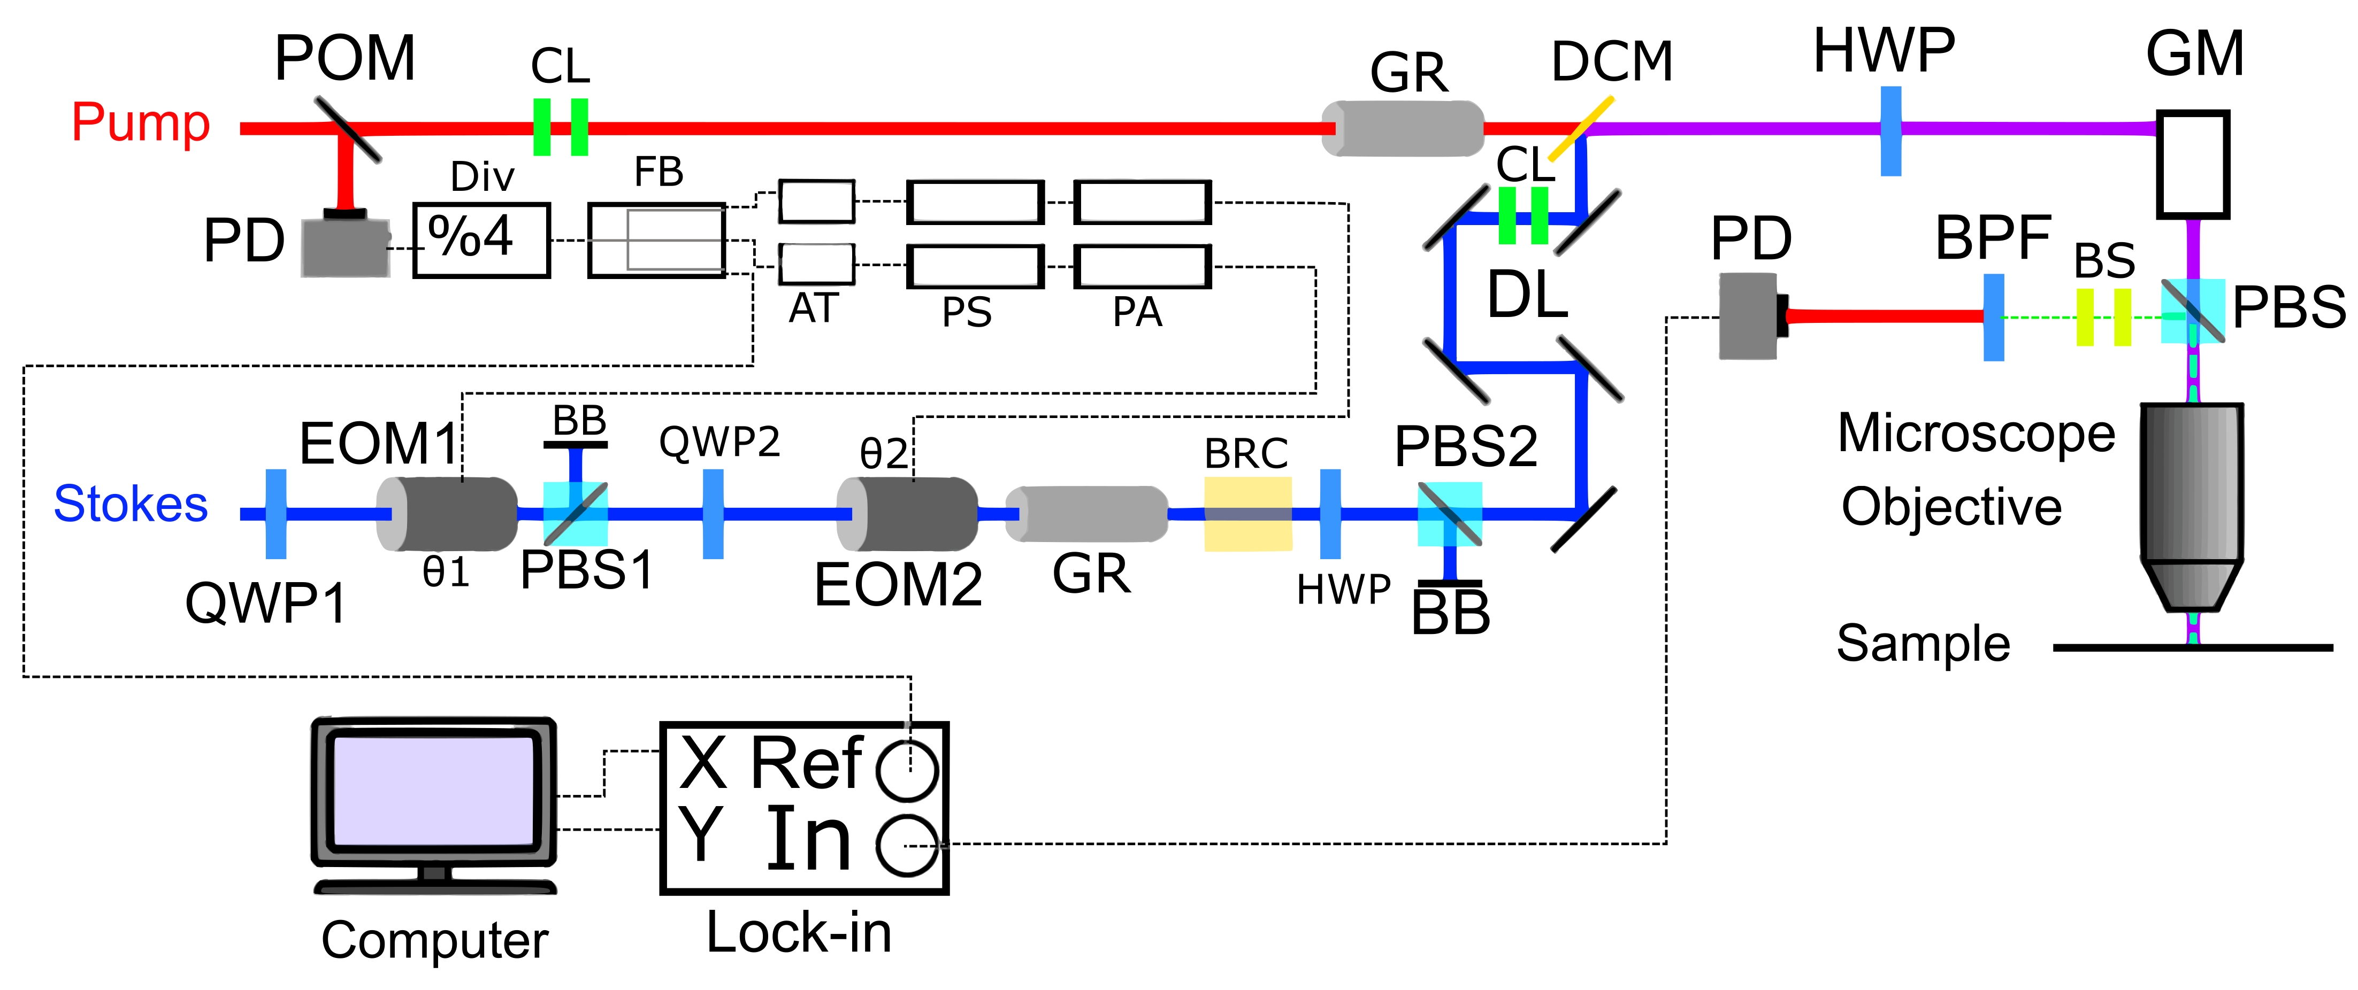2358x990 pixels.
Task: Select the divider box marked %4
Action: point(481,239)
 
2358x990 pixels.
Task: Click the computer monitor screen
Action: point(434,791)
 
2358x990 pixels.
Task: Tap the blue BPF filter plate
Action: point(1994,316)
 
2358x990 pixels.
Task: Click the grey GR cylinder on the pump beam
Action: point(1403,128)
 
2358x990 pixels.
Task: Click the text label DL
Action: point(1527,296)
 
